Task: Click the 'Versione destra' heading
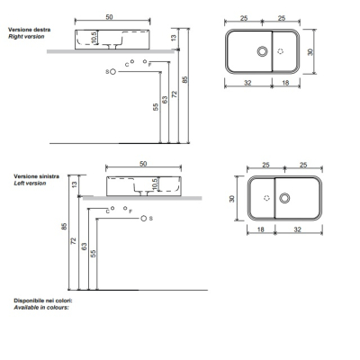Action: [30, 30]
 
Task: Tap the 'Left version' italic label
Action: [30, 184]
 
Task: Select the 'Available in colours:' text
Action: [41, 308]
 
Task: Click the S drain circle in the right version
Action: [112, 72]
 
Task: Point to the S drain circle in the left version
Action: [143, 219]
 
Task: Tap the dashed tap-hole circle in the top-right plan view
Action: [281, 51]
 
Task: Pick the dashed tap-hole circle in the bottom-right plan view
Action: [266, 198]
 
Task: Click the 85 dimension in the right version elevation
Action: [185, 80]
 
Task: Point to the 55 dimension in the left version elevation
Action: [94, 254]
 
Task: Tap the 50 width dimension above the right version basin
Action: [109, 17]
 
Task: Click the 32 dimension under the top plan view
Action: [247, 83]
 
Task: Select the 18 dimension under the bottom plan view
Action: [261, 229]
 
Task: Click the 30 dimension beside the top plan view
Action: [310, 51]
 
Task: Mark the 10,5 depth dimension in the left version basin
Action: [154, 184]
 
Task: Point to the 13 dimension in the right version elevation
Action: [174, 38]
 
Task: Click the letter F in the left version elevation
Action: [130, 211]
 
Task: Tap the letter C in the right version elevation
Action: [127, 65]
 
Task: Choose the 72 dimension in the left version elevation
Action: [74, 240]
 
